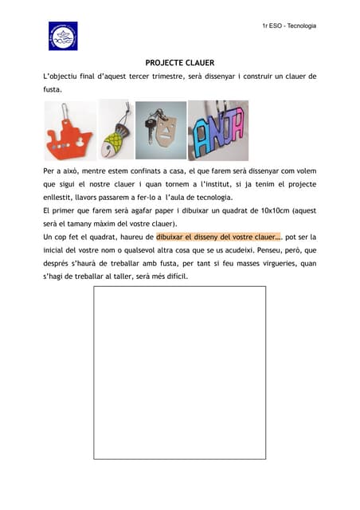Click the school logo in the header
(x=63, y=37)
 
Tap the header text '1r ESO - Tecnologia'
(x=289, y=26)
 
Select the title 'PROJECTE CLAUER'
(x=179, y=62)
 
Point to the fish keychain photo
(x=116, y=130)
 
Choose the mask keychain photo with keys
(x=160, y=130)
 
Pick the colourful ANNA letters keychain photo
(x=217, y=130)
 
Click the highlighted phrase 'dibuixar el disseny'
(x=198, y=237)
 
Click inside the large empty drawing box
(x=179, y=372)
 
